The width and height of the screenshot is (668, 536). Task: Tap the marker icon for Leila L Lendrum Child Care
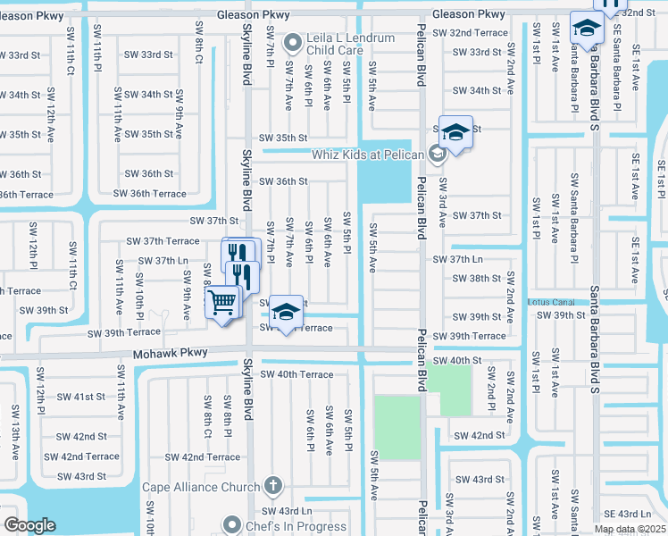tap(292, 42)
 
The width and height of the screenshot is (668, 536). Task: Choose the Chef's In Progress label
tap(296, 526)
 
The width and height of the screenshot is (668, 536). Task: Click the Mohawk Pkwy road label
tap(171, 354)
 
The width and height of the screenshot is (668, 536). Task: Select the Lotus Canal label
tap(548, 303)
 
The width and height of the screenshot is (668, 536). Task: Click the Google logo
tap(29, 525)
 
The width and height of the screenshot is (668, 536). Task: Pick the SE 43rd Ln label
tap(628, 514)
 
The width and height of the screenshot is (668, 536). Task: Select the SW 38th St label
tap(478, 279)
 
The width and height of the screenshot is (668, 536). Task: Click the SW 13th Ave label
tap(15, 432)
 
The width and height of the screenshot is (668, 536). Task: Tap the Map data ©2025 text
tap(630, 529)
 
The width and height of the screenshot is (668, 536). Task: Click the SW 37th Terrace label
tap(163, 241)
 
